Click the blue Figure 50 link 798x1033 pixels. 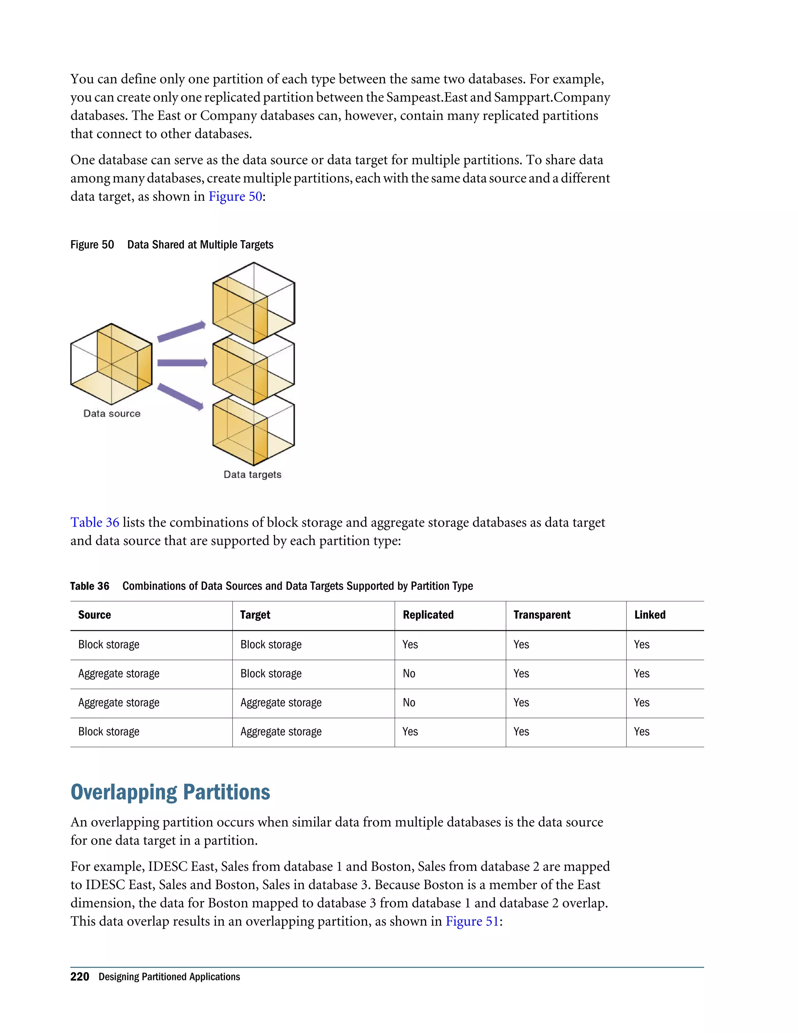click(235, 196)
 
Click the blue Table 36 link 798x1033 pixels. click(95, 522)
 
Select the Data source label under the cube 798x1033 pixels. click(112, 413)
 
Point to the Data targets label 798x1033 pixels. click(252, 474)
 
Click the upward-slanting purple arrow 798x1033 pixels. click(181, 331)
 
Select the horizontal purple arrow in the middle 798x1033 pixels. click(182, 363)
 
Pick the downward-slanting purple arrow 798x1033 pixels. click(180, 396)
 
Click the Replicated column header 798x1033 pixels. click(428, 615)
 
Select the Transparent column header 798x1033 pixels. click(542, 615)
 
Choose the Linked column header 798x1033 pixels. click(650, 615)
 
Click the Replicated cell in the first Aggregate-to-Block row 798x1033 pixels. click(409, 674)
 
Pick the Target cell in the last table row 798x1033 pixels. click(281, 732)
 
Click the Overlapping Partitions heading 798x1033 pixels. click(170, 792)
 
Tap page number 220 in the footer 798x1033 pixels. click(79, 977)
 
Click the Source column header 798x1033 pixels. click(95, 615)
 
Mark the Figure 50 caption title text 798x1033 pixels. click(200, 244)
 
